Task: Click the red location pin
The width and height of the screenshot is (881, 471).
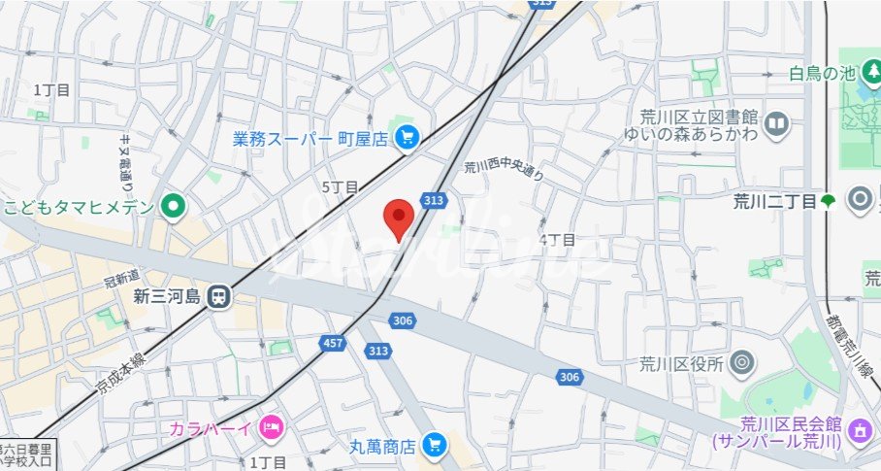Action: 398,218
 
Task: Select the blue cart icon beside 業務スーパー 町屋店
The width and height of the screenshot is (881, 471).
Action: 407,139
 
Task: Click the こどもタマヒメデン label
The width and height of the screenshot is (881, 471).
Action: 79,206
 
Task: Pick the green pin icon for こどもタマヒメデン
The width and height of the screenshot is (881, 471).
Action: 174,205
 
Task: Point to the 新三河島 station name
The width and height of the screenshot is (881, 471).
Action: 166,295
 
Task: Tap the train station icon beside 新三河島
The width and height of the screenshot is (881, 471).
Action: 220,295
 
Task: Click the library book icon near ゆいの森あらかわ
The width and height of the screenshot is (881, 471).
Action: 776,123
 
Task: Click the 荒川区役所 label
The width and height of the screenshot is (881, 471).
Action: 681,364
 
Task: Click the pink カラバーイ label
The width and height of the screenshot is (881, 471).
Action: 211,426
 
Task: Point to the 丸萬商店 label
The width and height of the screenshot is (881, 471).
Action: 382,447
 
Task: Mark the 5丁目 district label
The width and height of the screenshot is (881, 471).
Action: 340,186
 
